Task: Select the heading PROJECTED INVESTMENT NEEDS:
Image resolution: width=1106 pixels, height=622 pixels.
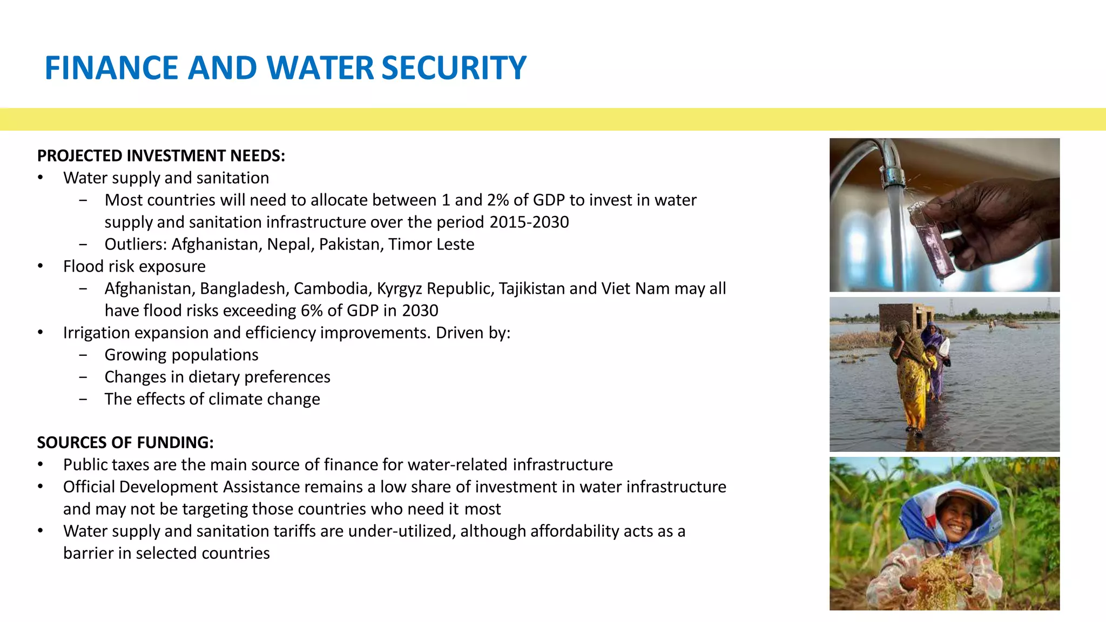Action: [x=161, y=155]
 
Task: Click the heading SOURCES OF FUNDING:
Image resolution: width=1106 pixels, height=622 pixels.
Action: [x=125, y=442]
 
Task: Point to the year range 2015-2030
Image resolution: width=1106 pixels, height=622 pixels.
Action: [x=529, y=222]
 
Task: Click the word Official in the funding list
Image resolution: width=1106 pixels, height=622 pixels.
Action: [x=89, y=486]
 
